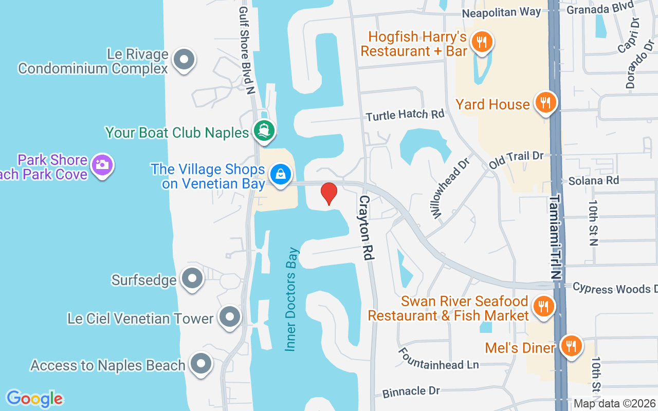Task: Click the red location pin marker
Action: tap(329, 194)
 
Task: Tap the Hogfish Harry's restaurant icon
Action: tap(482, 43)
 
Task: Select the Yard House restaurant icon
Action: tap(546, 103)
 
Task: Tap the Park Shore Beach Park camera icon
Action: tap(102, 165)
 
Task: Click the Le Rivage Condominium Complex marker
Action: tap(184, 60)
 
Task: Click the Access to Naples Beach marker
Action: tap(201, 364)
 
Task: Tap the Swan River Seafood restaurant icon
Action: tap(542, 307)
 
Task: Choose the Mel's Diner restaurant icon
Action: tap(570, 347)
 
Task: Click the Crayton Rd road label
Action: tap(365, 227)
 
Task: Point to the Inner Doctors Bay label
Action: tap(292, 300)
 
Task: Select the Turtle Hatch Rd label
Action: tap(405, 114)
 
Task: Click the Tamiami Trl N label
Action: tap(556, 236)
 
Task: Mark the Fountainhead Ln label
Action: tap(438, 358)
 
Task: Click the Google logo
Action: tap(34, 398)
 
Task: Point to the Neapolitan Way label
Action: tap(501, 12)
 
